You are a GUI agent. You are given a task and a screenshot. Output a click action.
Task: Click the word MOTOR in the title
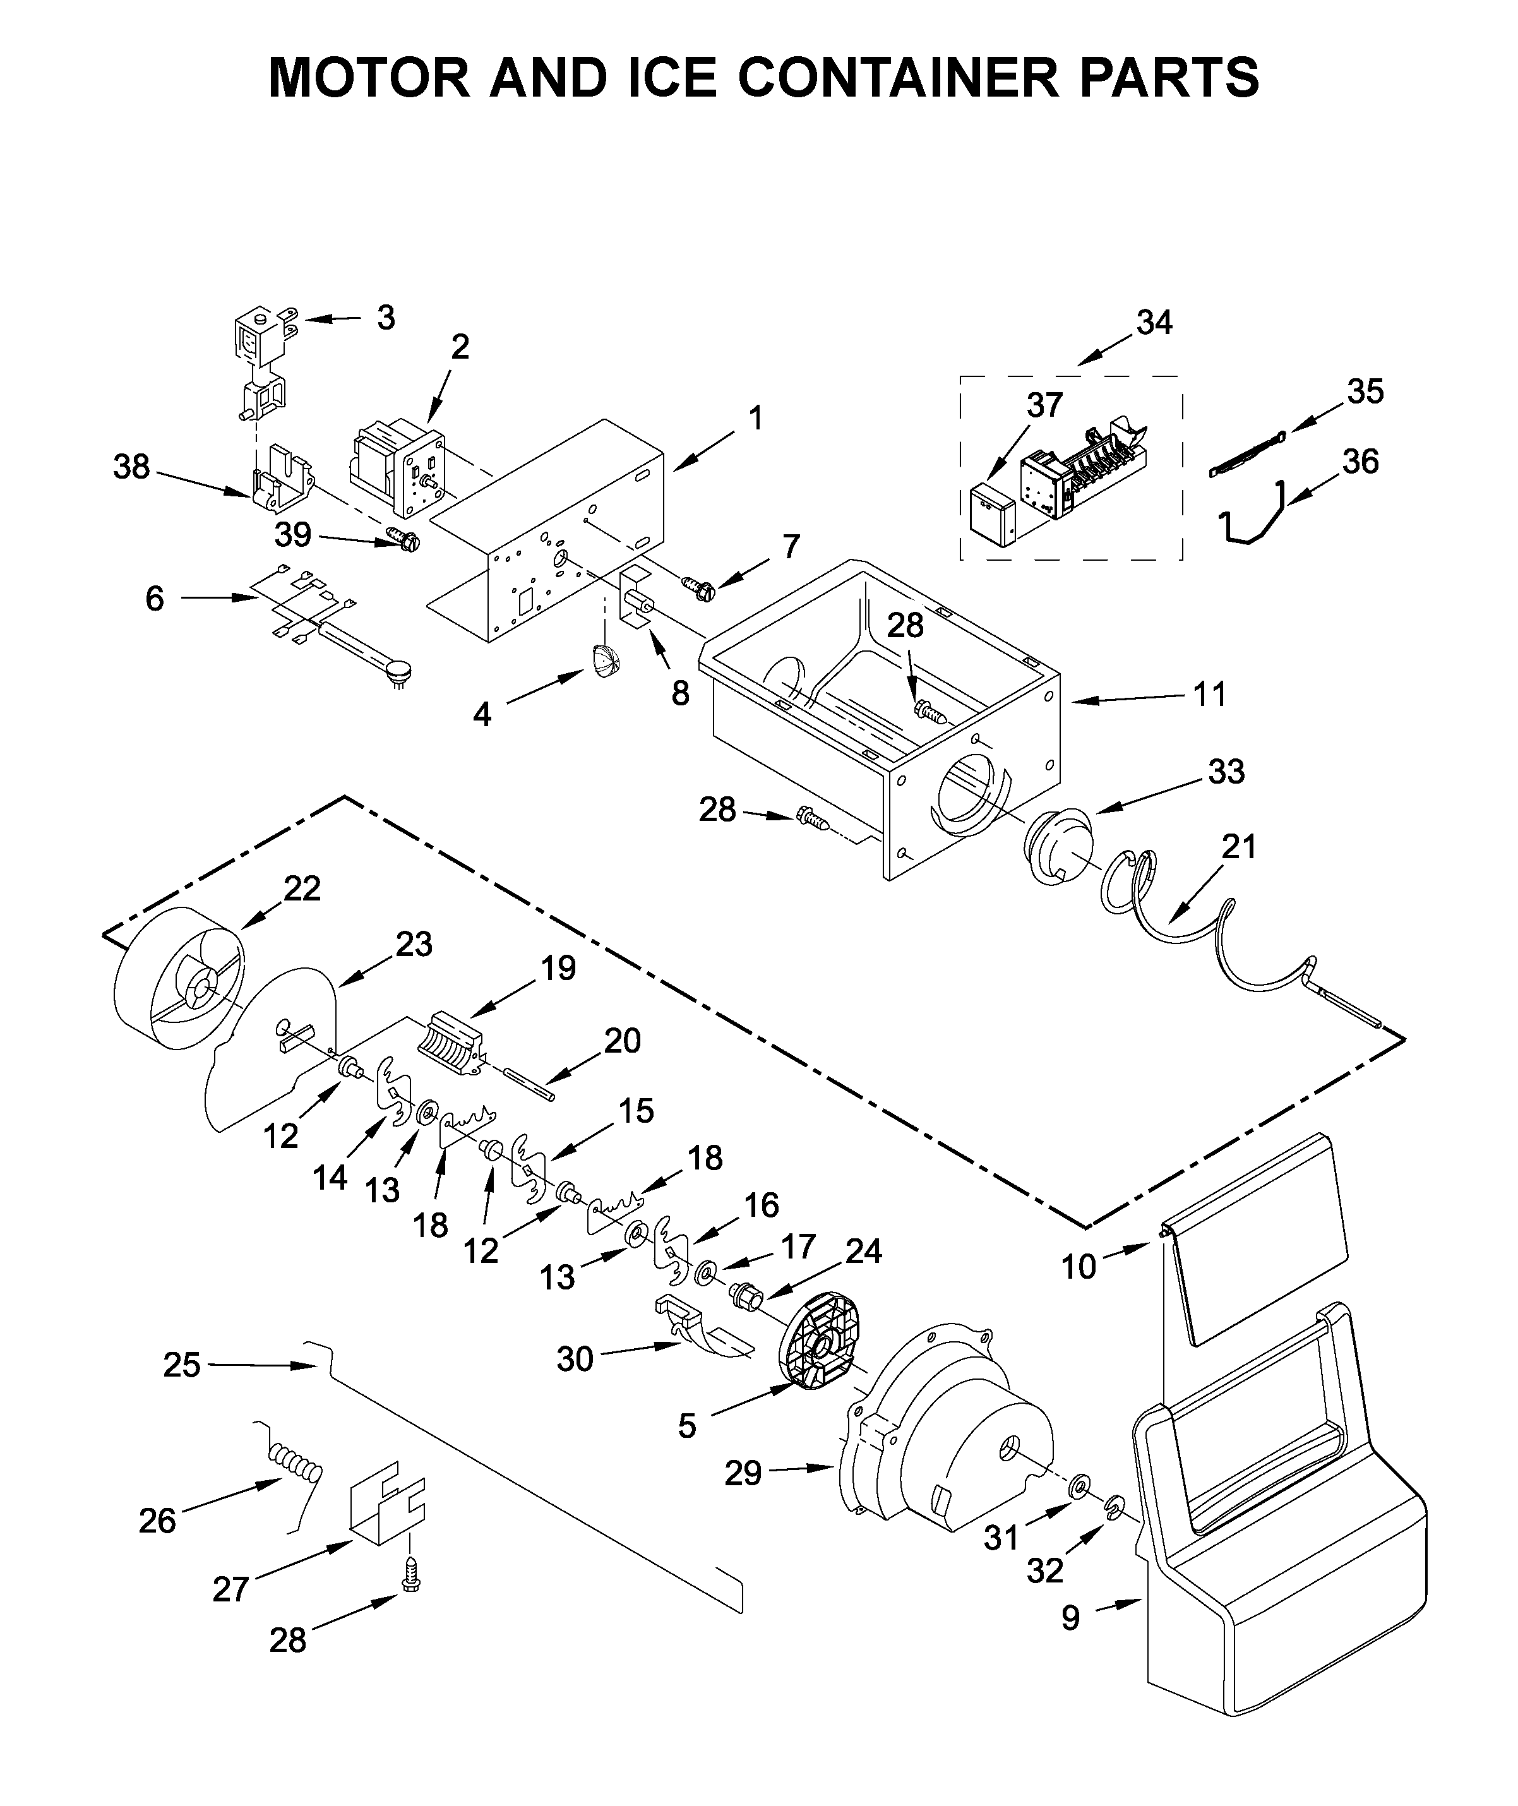[369, 78]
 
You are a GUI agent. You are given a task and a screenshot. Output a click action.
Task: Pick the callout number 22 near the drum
[302, 888]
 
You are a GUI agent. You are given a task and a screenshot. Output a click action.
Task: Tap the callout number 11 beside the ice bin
[1209, 693]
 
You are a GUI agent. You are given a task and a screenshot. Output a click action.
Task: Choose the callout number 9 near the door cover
[1070, 1619]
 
